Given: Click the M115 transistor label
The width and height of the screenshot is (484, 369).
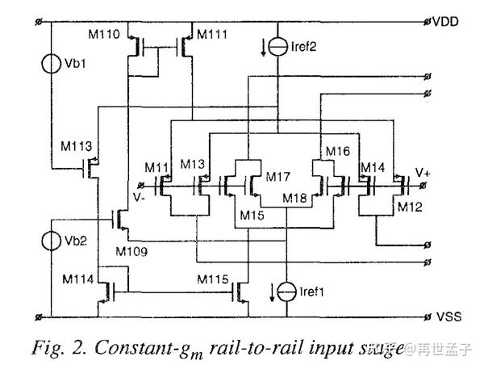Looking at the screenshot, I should (215, 278).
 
